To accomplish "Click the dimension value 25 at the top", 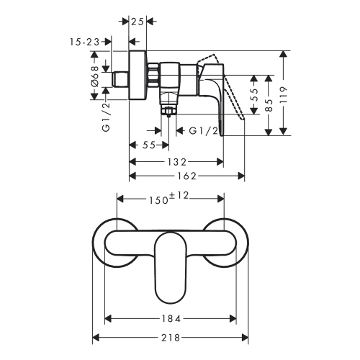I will [138, 22].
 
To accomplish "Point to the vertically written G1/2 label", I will [106, 117].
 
